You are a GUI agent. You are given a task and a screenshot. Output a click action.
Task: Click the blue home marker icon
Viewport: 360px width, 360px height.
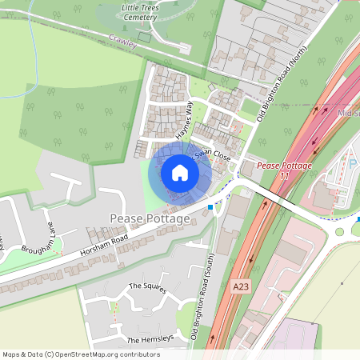pyautogui.click(x=180, y=173)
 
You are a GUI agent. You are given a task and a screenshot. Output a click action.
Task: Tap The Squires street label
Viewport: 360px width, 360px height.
pyautogui.click(x=147, y=287)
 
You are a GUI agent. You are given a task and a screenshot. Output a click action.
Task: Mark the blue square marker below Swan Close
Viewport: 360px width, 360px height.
pyautogui.click(x=210, y=207)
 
